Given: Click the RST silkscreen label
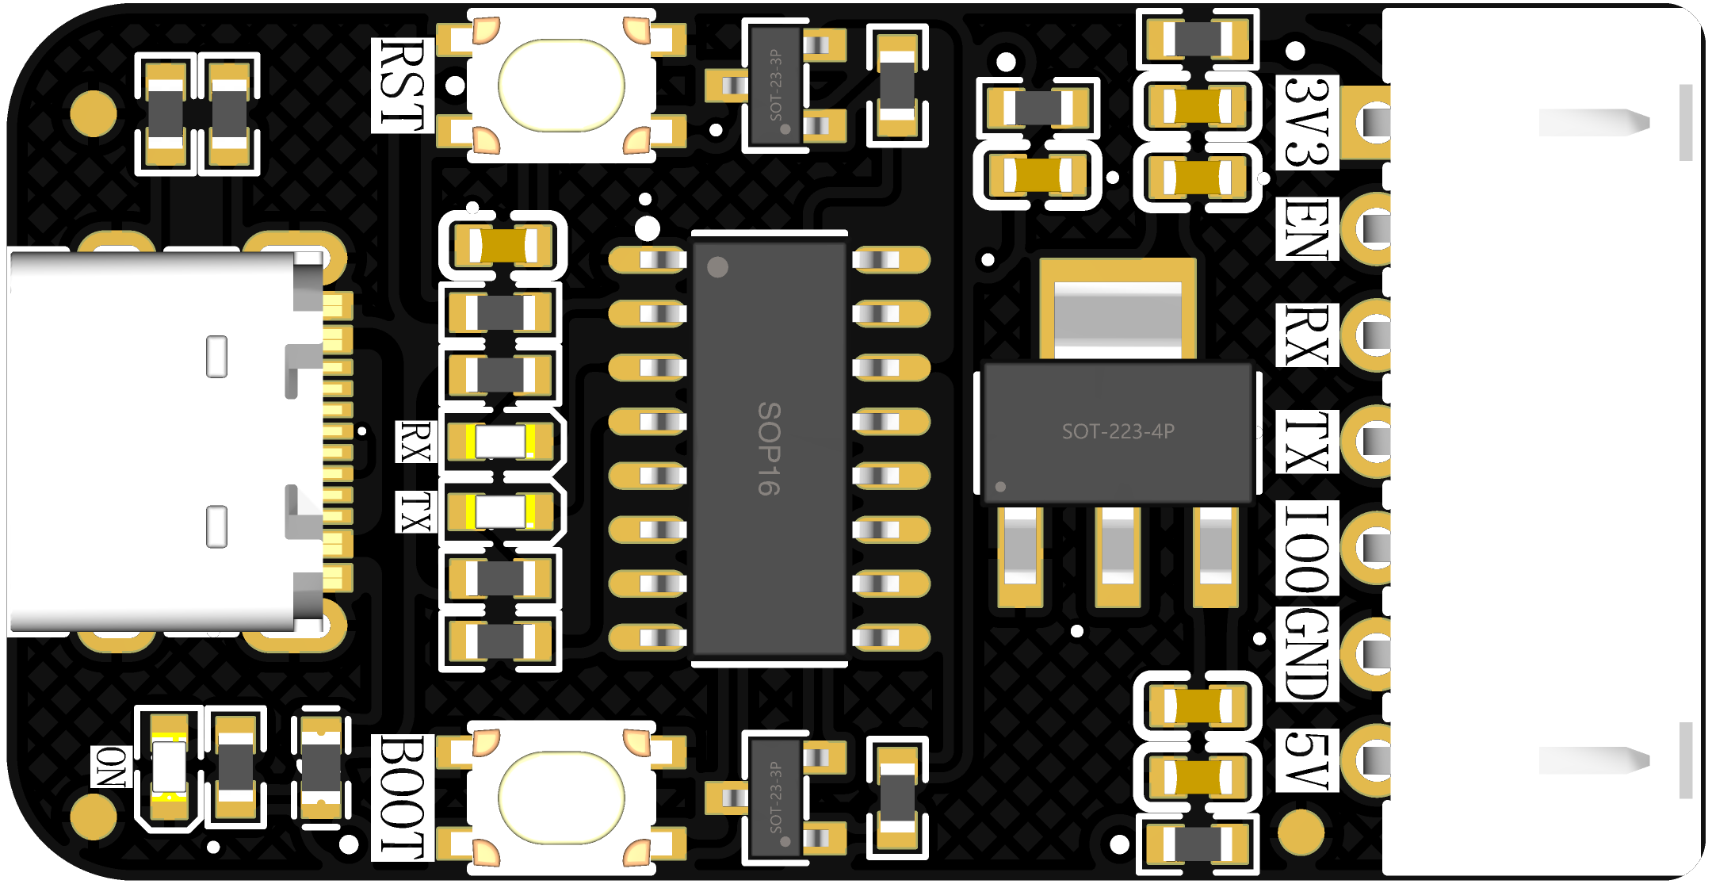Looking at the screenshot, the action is tap(403, 85).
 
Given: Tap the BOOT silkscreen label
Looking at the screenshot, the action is tap(403, 797).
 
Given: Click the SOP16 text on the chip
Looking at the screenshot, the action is tap(769, 449).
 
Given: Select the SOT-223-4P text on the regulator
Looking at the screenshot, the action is tap(1118, 431).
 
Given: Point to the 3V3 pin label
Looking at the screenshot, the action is tap(1307, 122).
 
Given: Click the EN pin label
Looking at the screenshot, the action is tap(1307, 228).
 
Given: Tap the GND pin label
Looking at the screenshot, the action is tap(1307, 654).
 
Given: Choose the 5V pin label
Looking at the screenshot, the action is tap(1307, 760).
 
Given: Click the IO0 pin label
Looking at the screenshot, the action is tap(1307, 548).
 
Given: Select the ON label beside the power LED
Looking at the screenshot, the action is tap(112, 767).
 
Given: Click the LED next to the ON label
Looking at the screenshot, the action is tap(169, 767).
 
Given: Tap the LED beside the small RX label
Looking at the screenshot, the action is tap(500, 442).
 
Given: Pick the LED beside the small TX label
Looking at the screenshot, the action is tap(500, 511).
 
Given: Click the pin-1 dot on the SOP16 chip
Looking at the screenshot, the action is tap(717, 267).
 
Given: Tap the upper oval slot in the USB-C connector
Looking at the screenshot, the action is tap(216, 357).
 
